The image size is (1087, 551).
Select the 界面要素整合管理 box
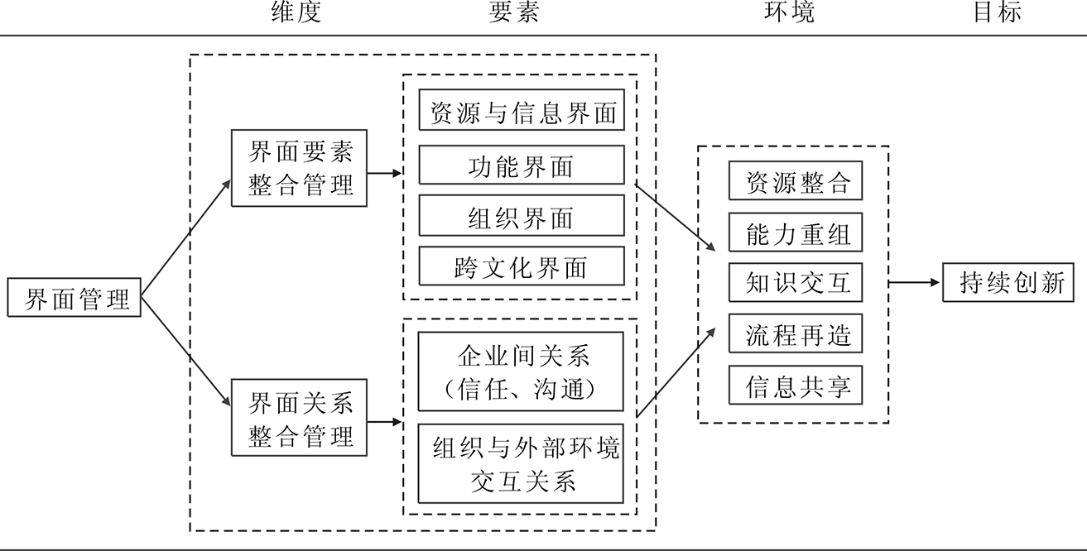click(x=301, y=169)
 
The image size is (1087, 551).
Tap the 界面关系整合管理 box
click(x=301, y=419)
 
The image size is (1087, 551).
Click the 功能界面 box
click(x=522, y=165)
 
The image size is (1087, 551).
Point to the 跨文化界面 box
click(x=522, y=266)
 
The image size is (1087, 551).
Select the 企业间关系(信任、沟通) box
click(x=522, y=371)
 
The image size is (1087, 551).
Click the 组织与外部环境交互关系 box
click(x=522, y=463)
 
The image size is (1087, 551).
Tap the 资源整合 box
click(x=796, y=181)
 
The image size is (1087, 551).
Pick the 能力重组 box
click(x=796, y=232)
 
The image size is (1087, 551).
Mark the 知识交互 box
click(x=796, y=283)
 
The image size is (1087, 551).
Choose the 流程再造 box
click(x=796, y=334)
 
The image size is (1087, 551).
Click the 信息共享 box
click(x=796, y=386)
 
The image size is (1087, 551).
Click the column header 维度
click(x=296, y=12)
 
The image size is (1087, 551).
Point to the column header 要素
click(x=514, y=12)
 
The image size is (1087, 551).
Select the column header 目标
click(x=998, y=12)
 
